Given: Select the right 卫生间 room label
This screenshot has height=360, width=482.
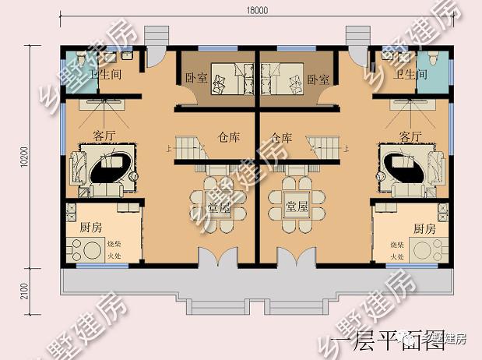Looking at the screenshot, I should (x=410, y=76).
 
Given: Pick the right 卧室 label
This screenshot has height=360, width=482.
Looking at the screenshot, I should (x=318, y=79).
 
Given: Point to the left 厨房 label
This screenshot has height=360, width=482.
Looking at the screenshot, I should (x=91, y=228).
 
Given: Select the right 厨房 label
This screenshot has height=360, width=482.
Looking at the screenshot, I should (x=424, y=228).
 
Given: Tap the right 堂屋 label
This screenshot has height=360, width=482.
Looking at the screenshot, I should (x=297, y=206).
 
